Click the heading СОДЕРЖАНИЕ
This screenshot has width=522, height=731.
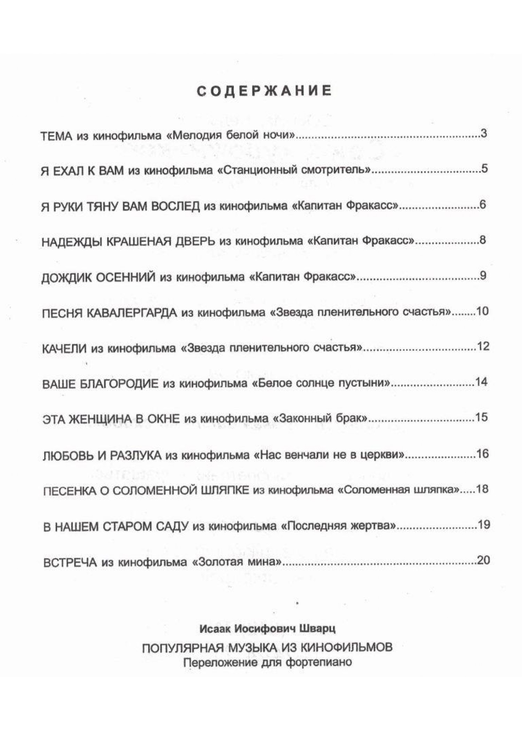point(264,91)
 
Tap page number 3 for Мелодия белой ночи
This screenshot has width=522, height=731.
point(484,134)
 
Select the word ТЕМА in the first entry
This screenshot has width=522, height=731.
point(56,136)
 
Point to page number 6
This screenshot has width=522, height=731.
point(483,205)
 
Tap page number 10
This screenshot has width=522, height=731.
point(483,311)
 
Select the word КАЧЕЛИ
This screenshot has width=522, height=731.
point(64,349)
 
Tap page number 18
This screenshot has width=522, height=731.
point(483,489)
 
